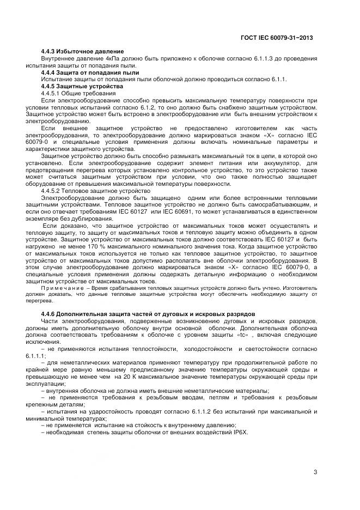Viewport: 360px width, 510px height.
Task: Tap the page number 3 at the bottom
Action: (x=315, y=472)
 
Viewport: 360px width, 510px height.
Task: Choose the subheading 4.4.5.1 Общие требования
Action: (x=80, y=94)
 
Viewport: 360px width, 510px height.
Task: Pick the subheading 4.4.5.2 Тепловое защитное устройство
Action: (x=92, y=191)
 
